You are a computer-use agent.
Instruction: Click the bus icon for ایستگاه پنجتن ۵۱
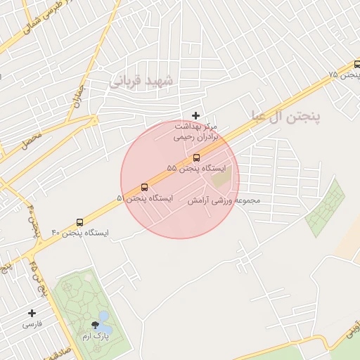(144, 187)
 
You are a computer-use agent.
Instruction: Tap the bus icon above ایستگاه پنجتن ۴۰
(79, 222)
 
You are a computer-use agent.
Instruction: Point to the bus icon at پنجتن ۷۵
(357, 65)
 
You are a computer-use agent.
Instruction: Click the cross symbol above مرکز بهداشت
(195, 115)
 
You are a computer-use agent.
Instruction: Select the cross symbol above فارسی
(32, 313)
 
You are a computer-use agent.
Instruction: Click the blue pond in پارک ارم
(105, 322)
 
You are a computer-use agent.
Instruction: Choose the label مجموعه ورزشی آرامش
(224, 201)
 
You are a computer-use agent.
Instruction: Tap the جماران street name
(77, 95)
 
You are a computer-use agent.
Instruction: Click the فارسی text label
(32, 324)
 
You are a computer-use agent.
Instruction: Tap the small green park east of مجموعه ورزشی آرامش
(325, 208)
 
